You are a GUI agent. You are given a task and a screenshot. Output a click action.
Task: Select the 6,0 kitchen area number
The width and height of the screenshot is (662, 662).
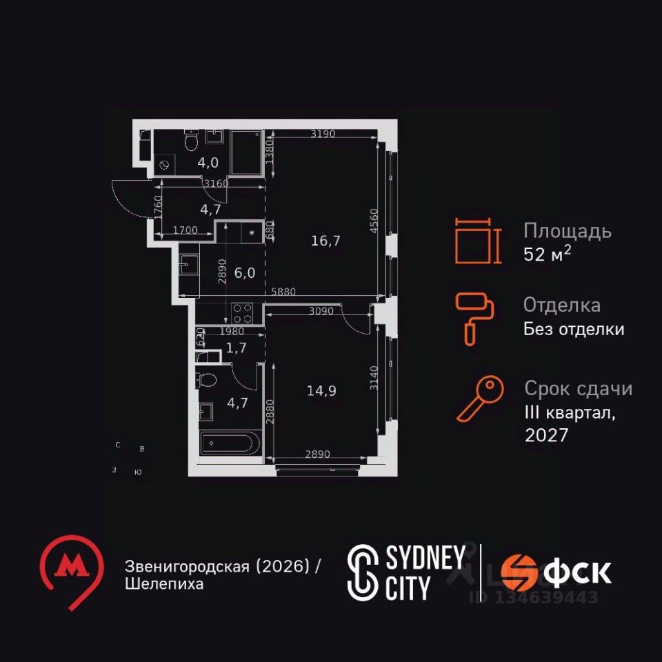tap(245, 272)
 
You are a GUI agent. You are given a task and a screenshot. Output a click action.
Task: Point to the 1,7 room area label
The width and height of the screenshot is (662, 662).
tap(237, 348)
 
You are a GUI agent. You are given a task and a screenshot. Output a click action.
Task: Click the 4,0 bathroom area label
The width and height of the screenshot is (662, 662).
tap(208, 163)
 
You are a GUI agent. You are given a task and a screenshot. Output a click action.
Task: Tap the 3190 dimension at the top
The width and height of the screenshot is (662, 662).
tap(323, 134)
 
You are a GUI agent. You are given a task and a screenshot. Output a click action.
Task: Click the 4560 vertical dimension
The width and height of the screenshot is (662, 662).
tap(373, 223)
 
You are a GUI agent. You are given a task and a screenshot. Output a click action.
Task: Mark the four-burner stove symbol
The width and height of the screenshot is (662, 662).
tap(243, 314)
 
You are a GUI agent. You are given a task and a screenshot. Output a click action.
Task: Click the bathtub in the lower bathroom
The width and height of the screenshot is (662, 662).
tap(230, 443)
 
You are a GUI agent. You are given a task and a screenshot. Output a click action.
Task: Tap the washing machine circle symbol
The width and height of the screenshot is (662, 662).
tap(165, 165)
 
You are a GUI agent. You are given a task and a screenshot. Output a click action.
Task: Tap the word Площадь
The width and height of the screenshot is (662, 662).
tap(567, 230)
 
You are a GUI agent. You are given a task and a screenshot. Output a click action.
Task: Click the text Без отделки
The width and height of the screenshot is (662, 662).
tap(574, 329)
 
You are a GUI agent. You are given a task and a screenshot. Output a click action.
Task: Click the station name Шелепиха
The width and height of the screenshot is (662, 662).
tap(165, 584)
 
